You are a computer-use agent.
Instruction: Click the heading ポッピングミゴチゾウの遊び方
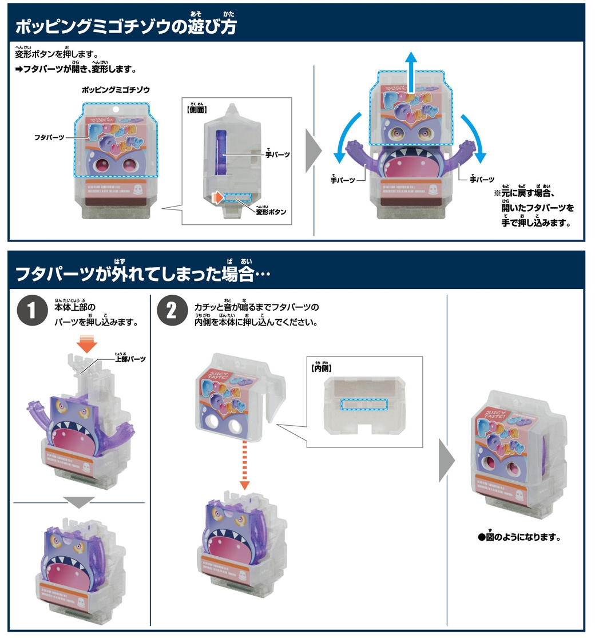coord(126,26)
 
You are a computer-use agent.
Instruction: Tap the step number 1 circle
coord(31,312)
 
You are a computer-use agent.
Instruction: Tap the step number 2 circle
coord(171,312)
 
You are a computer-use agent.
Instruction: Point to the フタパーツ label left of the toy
coord(49,138)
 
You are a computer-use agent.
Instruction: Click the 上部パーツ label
coord(131,359)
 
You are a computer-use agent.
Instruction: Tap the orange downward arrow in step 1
coord(87,346)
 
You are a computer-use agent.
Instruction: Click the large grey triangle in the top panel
coord(315,152)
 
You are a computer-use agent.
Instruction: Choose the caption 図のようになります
coord(518,537)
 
